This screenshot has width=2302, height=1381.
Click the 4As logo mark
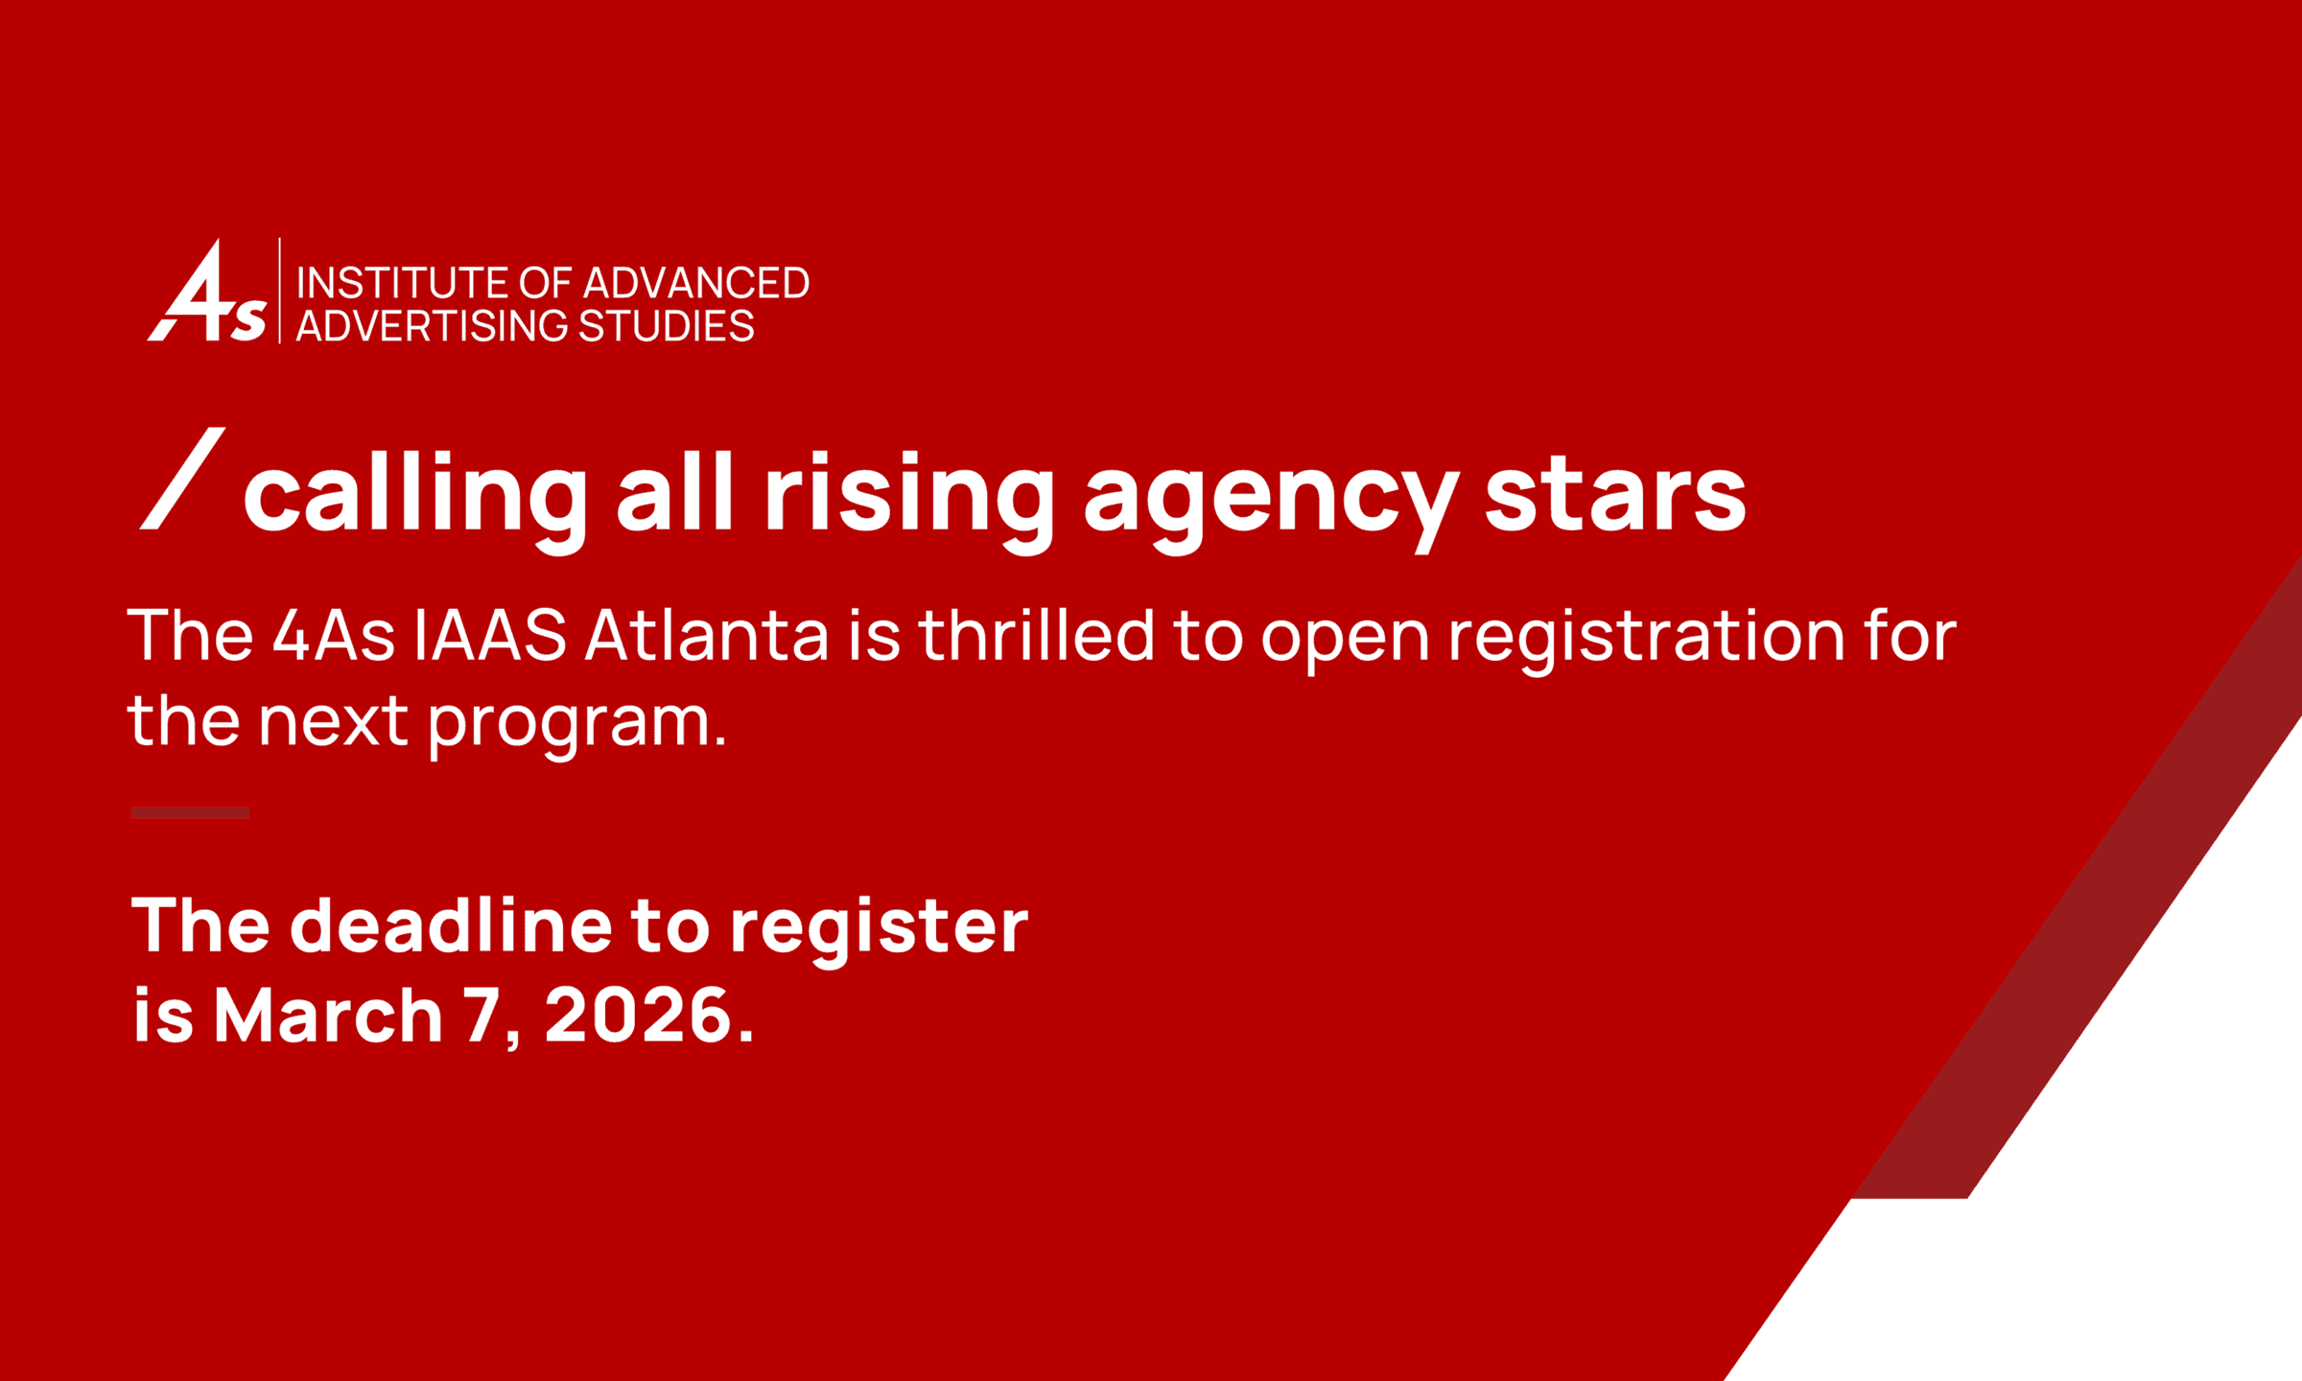(206, 291)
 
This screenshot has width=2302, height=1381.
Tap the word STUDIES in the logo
(667, 326)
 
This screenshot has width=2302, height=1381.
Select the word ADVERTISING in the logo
(434, 326)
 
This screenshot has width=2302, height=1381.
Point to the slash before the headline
(182, 478)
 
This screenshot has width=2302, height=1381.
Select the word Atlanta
(706, 635)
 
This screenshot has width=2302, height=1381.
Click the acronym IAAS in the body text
(490, 635)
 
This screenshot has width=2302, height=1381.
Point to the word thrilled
(1036, 635)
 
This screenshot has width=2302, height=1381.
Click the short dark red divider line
(190, 812)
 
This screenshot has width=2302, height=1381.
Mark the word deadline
(451, 925)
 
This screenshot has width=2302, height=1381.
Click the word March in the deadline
(328, 1015)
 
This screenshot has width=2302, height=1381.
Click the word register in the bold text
(879, 930)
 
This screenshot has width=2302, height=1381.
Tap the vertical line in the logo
(280, 291)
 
